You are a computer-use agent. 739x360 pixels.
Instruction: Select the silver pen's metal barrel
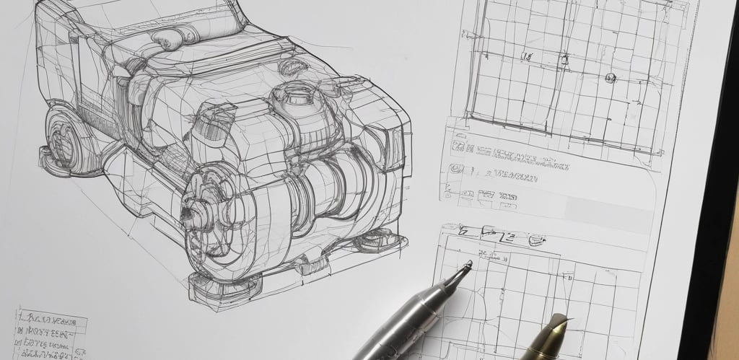(404, 325)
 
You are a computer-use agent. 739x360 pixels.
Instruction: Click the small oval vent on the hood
(291, 68)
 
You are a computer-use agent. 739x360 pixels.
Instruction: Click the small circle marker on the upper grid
(610, 78)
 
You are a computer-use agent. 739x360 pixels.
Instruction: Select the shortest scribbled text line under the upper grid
(498, 195)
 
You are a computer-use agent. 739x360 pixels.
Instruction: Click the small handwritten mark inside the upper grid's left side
(528, 56)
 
